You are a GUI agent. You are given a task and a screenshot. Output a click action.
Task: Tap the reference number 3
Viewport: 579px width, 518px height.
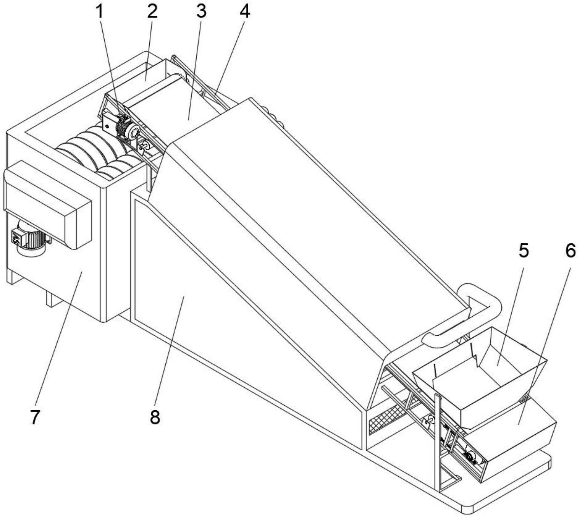tap(201, 12)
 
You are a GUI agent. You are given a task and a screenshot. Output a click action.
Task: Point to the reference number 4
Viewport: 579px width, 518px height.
tap(245, 12)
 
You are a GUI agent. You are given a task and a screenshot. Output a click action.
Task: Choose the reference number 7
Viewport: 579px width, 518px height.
tap(35, 417)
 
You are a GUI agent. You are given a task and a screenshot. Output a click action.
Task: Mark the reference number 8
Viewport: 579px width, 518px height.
tap(155, 417)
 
